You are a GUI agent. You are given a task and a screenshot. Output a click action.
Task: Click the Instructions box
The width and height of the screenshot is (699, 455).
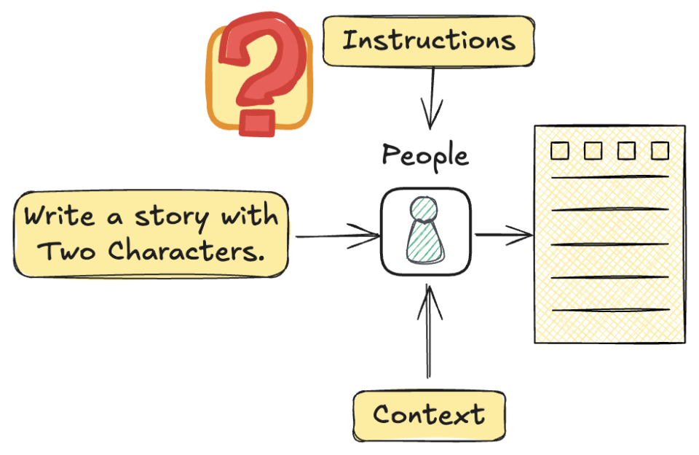coord(428,41)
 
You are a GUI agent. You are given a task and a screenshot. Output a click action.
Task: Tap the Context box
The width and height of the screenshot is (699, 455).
coord(429,416)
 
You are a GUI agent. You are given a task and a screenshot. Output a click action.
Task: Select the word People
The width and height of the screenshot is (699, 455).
coord(425,155)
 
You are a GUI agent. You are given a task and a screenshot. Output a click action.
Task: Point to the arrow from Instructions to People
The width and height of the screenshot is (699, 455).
coord(431,98)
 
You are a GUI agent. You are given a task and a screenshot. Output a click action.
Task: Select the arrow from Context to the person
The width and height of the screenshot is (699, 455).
coord(429,331)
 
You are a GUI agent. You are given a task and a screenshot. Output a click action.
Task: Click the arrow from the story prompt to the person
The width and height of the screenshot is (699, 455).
coord(338,236)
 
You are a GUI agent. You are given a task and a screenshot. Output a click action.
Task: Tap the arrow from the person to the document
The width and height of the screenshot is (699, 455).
coord(504,234)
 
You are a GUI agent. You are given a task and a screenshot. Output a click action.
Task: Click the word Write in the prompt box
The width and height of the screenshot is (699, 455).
coord(59,216)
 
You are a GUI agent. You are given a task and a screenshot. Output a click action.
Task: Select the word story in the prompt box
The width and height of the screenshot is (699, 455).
coord(172,218)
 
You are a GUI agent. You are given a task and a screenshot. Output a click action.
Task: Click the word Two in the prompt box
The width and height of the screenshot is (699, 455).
coord(66,251)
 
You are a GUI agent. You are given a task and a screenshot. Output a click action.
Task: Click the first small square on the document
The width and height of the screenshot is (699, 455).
coord(559,150)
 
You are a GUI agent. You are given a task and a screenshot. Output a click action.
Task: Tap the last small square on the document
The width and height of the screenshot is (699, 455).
coord(660,150)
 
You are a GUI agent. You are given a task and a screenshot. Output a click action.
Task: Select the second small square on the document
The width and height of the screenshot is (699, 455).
coord(593,150)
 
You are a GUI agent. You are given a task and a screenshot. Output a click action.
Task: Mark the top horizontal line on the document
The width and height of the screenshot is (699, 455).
coord(610,177)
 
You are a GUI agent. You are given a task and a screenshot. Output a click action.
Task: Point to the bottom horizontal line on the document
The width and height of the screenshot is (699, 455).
coord(611,309)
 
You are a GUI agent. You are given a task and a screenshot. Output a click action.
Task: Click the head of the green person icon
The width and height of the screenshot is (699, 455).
coord(424,209)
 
